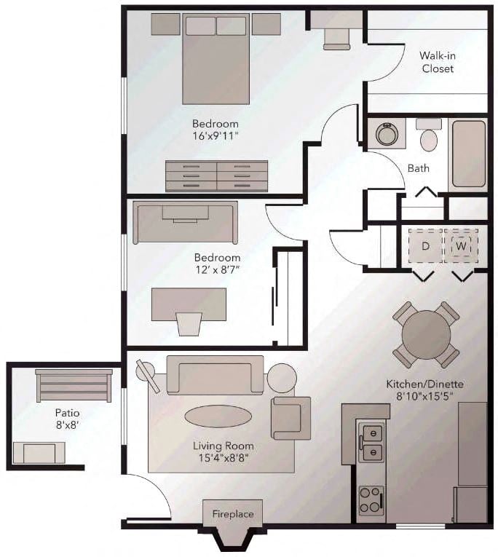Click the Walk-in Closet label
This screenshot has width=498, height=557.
(436, 62)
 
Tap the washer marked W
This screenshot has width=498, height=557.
(461, 246)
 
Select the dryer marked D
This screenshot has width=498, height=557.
(425, 246)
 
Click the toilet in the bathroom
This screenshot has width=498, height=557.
(429, 136)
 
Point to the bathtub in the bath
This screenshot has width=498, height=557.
(468, 154)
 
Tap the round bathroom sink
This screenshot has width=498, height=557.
(386, 134)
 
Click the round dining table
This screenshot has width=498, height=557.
(426, 334)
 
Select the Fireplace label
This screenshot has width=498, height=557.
(233, 514)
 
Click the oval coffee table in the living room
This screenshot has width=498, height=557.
(218, 416)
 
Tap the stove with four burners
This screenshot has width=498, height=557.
(371, 500)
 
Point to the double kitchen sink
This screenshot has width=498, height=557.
(372, 442)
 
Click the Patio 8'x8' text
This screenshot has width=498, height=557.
(67, 419)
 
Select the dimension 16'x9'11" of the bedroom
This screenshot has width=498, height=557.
(216, 135)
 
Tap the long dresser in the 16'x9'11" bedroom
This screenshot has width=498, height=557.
(216, 175)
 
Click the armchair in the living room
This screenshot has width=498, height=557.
(290, 417)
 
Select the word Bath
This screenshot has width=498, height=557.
(418, 168)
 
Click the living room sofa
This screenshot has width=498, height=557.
(215, 375)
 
